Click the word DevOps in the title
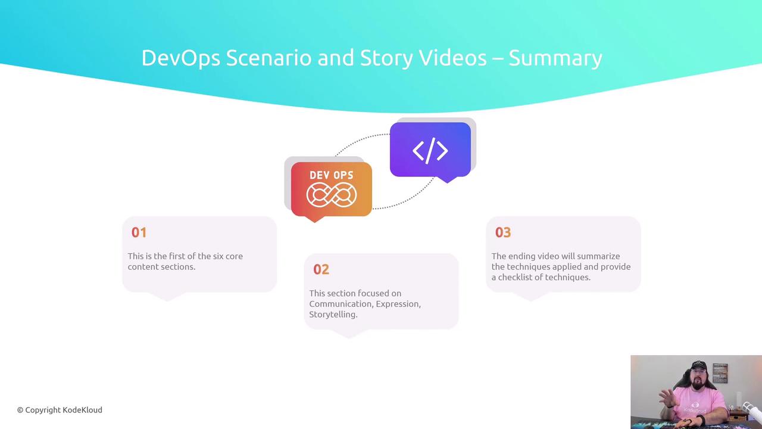(180, 58)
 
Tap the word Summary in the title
(555, 58)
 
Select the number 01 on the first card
(139, 232)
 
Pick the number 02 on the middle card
(321, 270)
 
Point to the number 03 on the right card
(503, 232)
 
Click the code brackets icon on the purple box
(430, 151)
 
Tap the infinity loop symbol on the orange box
(332, 195)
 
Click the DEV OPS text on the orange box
(332, 175)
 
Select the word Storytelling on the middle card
(333, 315)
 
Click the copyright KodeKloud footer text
(60, 410)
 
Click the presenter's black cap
(699, 366)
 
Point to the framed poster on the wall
(720, 373)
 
